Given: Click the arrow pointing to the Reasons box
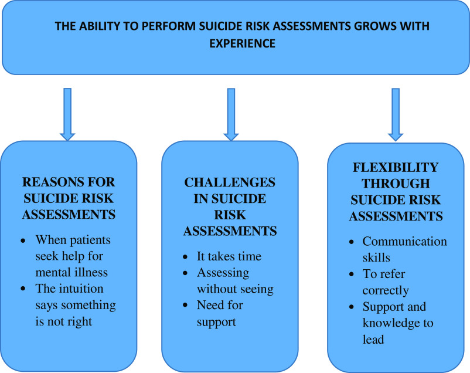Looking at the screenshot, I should [67, 114].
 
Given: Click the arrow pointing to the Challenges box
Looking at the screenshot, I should [231, 114].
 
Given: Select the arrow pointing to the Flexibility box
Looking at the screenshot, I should [396, 114].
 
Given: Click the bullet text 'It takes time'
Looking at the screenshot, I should [230, 256].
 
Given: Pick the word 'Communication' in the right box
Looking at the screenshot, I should [404, 241].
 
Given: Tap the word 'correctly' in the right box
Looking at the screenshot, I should [386, 290].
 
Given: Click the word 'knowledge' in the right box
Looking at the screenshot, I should [392, 323].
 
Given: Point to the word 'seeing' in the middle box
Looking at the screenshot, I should [258, 289].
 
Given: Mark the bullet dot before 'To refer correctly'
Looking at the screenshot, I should [350, 274].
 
